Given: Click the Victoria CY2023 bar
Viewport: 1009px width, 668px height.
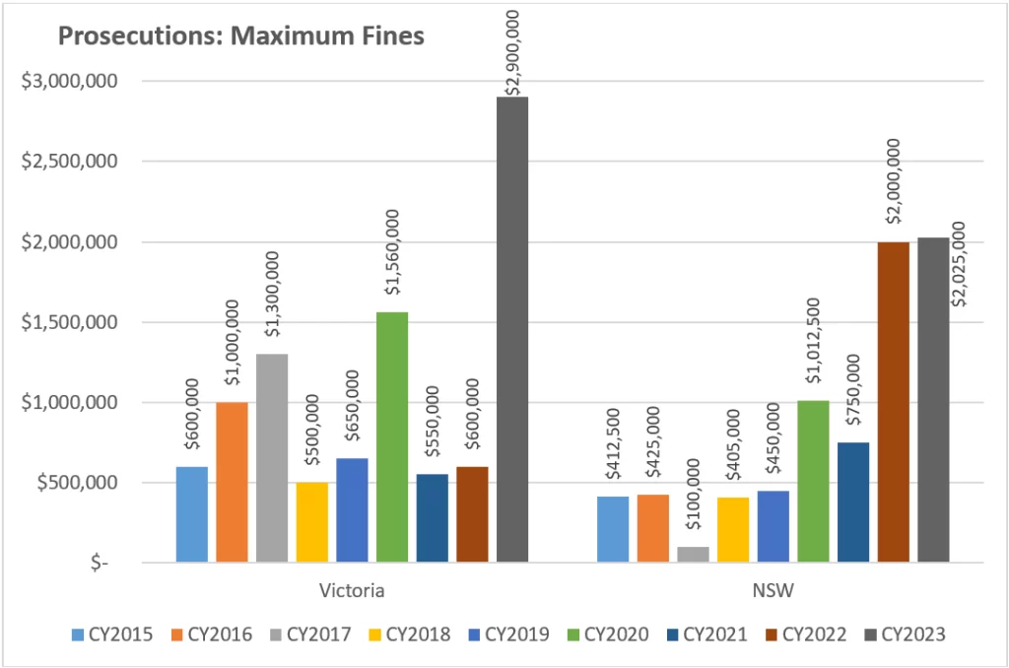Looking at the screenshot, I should tap(512, 330).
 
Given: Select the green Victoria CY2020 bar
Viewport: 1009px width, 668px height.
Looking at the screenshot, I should tap(392, 437).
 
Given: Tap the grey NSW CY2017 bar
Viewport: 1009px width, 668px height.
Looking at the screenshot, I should tap(693, 555).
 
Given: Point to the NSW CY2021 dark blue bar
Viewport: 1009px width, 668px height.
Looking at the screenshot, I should tap(853, 502).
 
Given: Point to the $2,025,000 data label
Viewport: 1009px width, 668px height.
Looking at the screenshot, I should tap(956, 264).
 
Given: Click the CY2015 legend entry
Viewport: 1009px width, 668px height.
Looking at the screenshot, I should tap(112, 635).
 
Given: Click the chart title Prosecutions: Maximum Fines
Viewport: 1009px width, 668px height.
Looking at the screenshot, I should tap(241, 37).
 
